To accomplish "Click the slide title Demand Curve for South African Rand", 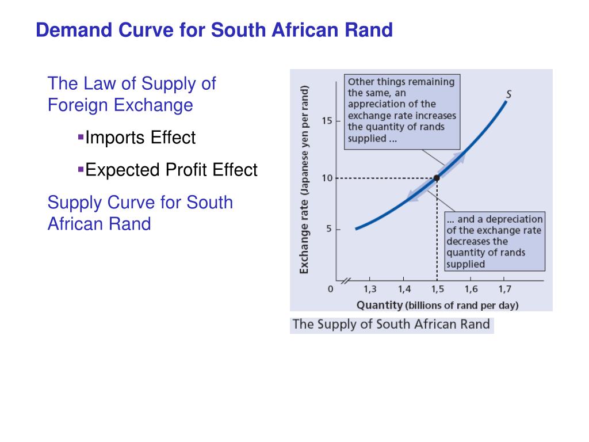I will pos(214,30).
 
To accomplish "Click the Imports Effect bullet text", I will pos(140,138).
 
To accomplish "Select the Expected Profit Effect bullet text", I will pos(171,170).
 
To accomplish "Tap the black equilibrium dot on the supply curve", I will pos(437,178).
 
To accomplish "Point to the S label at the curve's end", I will pos(509,94).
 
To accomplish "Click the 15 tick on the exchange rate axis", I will pos(327,121).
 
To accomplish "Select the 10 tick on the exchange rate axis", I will pos(327,178).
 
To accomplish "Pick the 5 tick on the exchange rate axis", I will pos(329,229).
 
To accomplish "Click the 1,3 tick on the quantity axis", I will pos(370,289).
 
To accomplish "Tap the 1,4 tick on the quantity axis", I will pos(403,289).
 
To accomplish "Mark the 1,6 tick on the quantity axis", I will pos(471,289).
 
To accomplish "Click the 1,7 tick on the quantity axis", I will pos(504,289).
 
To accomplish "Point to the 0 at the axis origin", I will pos(330,289).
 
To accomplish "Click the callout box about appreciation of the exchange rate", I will pos(401,109).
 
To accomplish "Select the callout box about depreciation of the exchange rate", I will pos(495,242).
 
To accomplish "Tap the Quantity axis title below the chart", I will pos(437,305).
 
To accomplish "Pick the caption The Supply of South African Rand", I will pos(391,324).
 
